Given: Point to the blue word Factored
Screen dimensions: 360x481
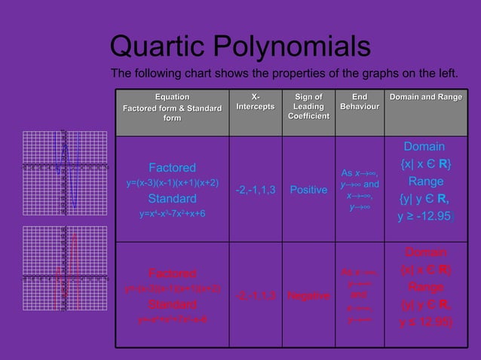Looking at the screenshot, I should pos(172,167).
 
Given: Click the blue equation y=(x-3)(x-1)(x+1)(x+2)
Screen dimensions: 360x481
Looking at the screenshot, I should pos(172,183).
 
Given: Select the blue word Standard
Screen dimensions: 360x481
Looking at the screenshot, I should pos(172,199).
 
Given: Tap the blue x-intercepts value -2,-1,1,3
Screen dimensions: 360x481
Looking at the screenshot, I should pos(256,190).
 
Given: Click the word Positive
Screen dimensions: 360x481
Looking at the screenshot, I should pos(308,190).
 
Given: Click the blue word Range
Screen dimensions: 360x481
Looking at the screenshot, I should pos(425,182).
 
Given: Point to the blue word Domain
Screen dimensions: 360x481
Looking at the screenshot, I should pos(424,146).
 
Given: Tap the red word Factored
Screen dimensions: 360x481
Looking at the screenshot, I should pos(172,273).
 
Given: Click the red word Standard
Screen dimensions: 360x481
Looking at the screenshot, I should pos(172,304).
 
